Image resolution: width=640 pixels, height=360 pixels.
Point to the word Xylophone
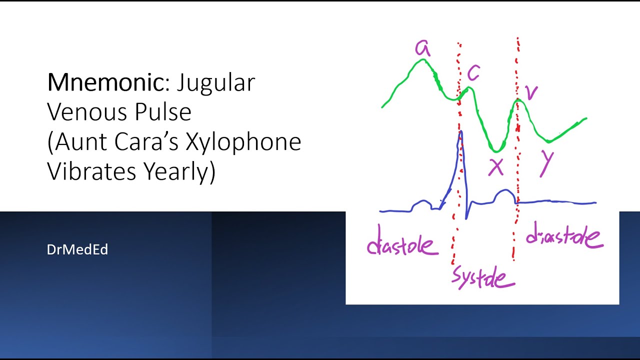243,142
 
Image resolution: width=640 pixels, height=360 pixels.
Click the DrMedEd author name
77,249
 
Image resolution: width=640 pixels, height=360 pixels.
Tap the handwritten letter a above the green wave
422,49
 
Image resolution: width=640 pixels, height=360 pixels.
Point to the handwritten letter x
496,168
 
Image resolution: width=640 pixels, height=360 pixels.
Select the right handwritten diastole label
564,238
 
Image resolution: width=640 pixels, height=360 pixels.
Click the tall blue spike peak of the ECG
460,132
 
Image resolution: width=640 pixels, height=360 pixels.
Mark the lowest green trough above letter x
495,150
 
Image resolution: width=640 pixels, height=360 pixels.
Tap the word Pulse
162,112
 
